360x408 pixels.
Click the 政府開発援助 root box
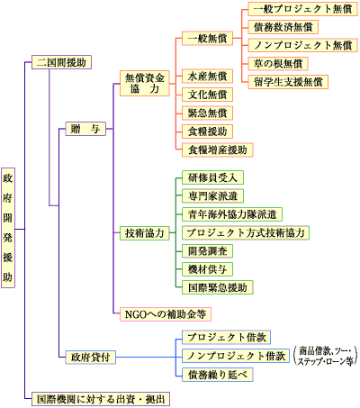(8, 228)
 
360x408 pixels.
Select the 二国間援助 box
(61, 62)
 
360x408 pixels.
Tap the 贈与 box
(85, 129)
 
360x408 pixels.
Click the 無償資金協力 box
(145, 84)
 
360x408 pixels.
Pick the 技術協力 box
(145, 233)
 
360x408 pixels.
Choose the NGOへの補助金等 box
(166, 314)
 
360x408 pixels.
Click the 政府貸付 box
(91, 358)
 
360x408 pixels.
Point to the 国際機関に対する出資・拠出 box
(101, 399)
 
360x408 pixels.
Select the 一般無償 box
(207, 39)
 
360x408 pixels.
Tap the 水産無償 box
(207, 77)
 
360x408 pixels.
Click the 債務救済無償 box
(283, 27)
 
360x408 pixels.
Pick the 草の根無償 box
(278, 64)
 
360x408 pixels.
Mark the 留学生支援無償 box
(288, 82)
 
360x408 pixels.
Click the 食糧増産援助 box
(218, 150)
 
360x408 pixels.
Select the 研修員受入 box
(212, 177)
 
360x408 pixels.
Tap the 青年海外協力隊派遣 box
(232, 214)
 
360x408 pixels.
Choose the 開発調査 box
(207, 251)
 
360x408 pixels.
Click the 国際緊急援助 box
(218, 287)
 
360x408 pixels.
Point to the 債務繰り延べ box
(218, 375)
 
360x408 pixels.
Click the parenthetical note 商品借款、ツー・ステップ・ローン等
(326, 356)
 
